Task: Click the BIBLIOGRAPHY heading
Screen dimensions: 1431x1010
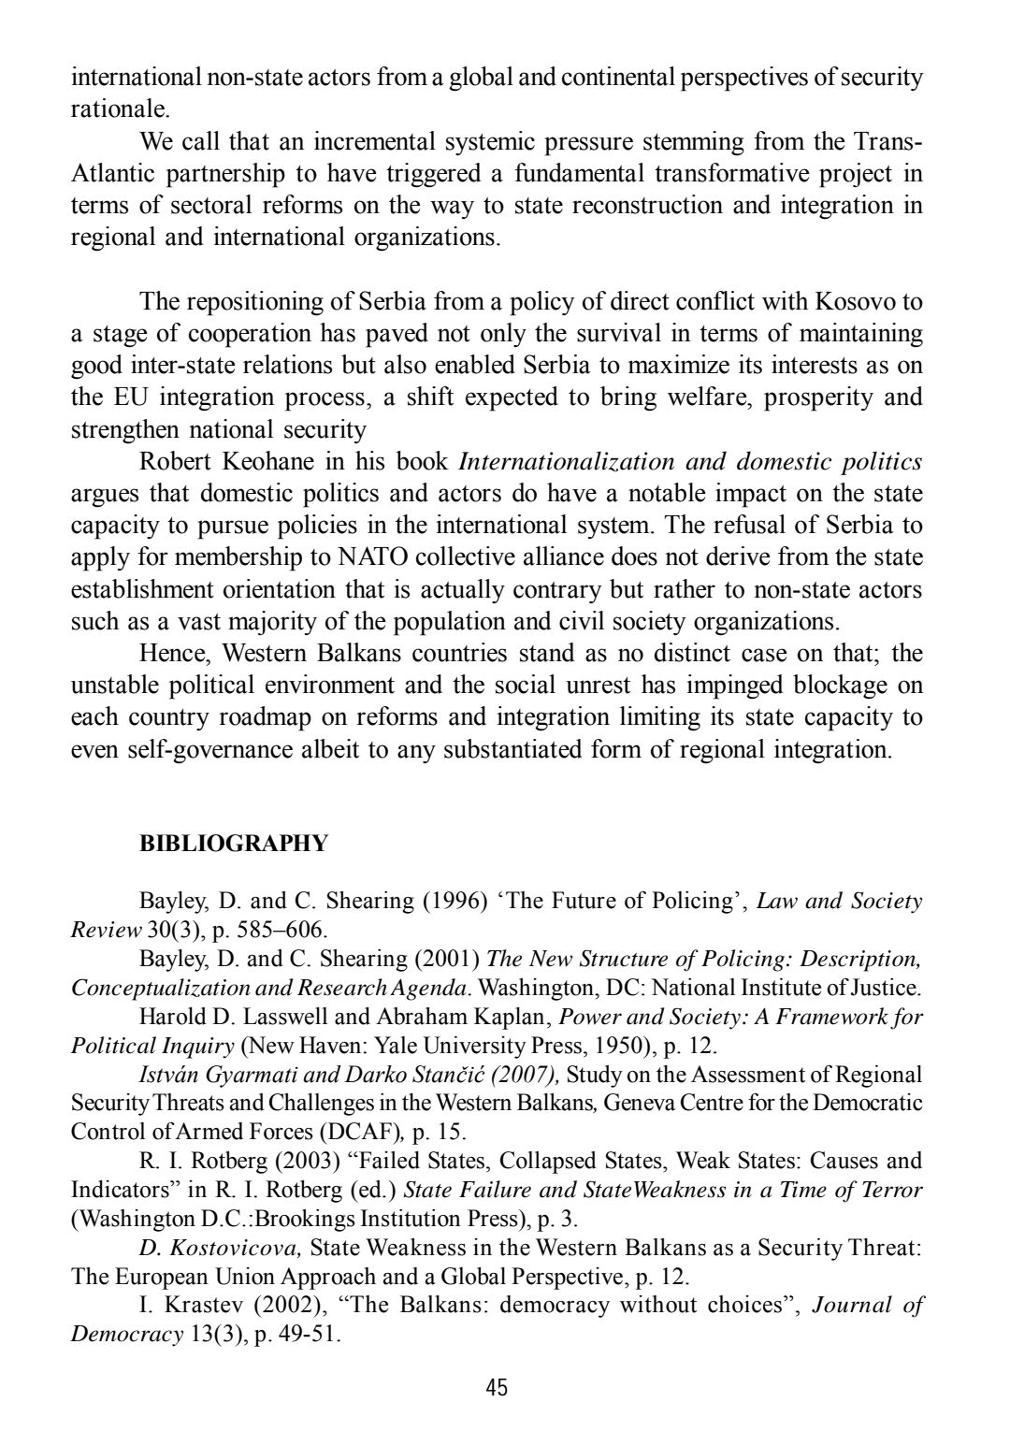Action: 234,844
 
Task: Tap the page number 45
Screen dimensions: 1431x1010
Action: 497,1387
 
